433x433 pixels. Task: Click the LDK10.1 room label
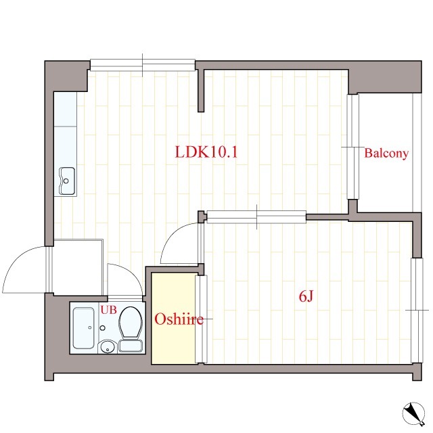pyautogui.click(x=206, y=152)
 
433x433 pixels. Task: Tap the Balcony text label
pyautogui.click(x=386, y=154)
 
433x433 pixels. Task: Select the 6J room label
pyautogui.click(x=306, y=296)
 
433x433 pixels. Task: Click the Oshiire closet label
pyautogui.click(x=179, y=319)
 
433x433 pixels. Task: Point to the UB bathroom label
pyautogui.click(x=108, y=310)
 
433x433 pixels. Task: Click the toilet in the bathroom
pyautogui.click(x=131, y=329)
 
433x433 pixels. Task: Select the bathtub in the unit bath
pyautogui.click(x=83, y=328)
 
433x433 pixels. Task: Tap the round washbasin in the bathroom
pyautogui.click(x=107, y=347)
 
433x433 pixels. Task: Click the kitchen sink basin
pyautogui.click(x=67, y=181)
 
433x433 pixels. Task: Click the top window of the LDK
pyautogui.click(x=143, y=66)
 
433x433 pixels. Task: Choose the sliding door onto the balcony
pyautogui.click(x=352, y=147)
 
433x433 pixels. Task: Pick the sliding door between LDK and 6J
pyautogui.click(x=256, y=216)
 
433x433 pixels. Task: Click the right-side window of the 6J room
pyautogui.click(x=417, y=311)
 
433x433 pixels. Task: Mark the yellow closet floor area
pyautogui.click(x=173, y=319)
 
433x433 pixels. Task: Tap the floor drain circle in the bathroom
pyautogui.click(x=102, y=327)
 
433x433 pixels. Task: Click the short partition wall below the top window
pyautogui.click(x=202, y=91)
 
